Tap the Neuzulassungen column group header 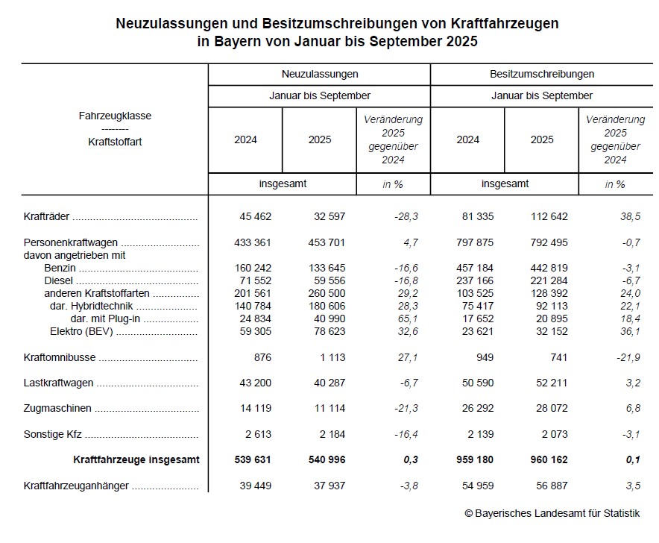319,74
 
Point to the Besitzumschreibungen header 541,74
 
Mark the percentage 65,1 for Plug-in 408,318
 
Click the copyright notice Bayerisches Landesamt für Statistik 552,513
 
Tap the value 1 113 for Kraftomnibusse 329,357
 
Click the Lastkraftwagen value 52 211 549,383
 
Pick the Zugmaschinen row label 57,409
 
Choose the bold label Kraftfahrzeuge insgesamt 136,460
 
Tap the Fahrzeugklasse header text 115,116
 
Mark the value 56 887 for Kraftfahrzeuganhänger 549,486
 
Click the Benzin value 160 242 253,268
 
